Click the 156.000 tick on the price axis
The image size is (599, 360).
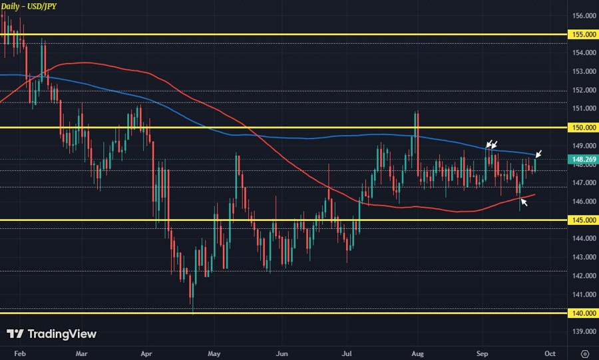(583, 15)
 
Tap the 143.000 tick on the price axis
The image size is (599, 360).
(583, 257)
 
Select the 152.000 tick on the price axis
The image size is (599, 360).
(583, 90)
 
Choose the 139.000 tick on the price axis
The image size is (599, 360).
(583, 331)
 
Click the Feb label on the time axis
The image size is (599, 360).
(21, 353)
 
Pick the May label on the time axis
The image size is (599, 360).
(214, 353)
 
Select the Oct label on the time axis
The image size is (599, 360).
(550, 353)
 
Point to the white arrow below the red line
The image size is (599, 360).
(524, 201)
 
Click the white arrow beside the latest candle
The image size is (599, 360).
(539, 154)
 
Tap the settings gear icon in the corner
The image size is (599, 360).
(584, 353)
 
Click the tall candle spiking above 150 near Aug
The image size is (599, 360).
(416, 133)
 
